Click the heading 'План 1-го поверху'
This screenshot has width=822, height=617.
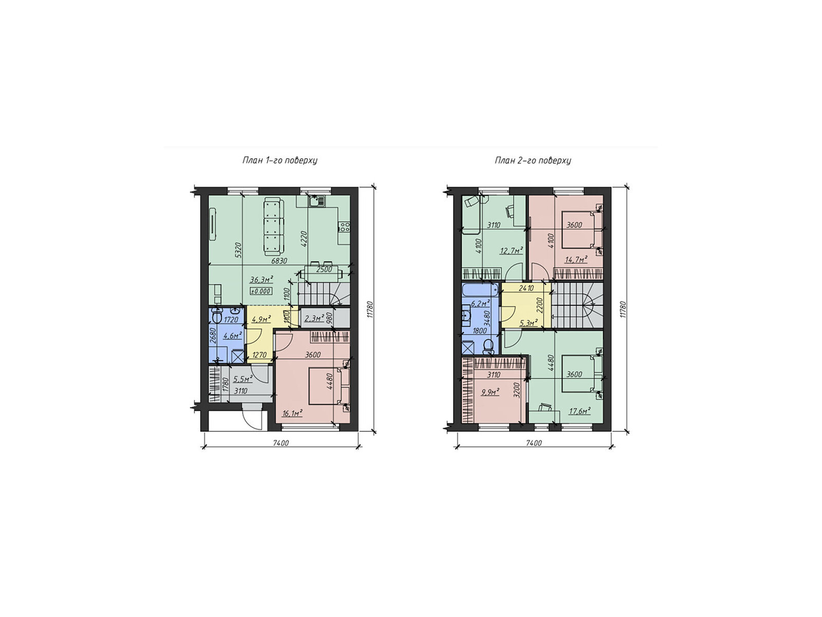click(280, 160)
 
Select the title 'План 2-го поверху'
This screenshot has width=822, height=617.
click(533, 160)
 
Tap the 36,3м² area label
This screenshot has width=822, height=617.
click(261, 280)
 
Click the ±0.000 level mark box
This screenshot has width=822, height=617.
click(261, 291)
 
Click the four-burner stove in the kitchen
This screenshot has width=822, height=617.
click(344, 226)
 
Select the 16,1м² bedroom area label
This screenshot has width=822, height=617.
click(292, 413)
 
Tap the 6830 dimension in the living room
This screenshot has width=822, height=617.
click(279, 261)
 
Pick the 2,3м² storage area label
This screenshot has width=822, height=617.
click(314, 318)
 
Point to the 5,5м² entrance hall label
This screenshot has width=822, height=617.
click(242, 379)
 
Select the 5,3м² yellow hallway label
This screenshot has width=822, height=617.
click(529, 322)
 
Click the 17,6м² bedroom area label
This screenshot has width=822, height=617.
click(580, 411)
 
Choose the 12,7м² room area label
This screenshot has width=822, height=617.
click(512, 250)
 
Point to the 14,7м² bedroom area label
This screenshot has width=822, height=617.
click(576, 260)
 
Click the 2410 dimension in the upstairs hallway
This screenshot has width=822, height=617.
click(526, 288)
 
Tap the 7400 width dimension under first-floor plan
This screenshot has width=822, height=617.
click(281, 443)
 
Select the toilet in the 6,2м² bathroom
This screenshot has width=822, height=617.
click(489, 347)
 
